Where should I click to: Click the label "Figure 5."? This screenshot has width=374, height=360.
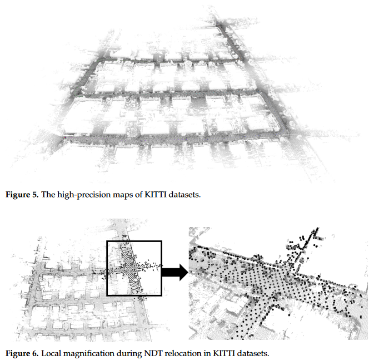click(22, 194)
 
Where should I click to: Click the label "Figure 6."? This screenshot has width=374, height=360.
click(22, 353)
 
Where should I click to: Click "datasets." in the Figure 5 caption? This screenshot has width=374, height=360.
click(184, 194)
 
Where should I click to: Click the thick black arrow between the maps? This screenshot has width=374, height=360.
click(175, 272)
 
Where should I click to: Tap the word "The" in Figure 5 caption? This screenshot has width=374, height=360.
click(48, 194)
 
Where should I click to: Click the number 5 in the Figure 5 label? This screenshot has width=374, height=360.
click(35, 194)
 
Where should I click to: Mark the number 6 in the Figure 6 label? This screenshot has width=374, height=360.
click(35, 353)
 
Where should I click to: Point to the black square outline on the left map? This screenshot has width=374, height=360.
click(107, 268)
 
